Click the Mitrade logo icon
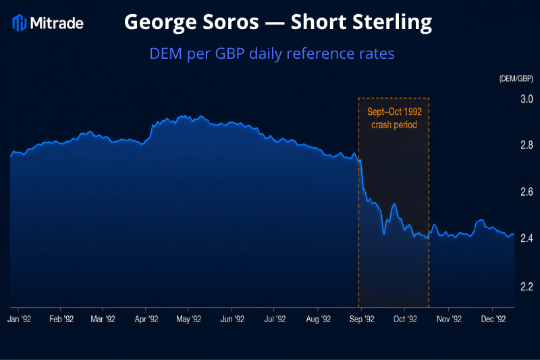coord(20,23)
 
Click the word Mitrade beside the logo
coord(57,24)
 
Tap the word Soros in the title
coord(230,22)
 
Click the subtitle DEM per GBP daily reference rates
coord(272,53)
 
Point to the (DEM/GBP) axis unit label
coord(516,78)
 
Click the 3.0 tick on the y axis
coord(526,99)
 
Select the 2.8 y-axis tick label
coord(526,145)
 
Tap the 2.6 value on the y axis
coord(526,192)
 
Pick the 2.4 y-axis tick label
coord(526,238)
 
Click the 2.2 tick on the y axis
coord(526,286)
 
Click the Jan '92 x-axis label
coord(19,319)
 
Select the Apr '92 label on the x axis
coord(146,319)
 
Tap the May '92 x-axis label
coord(188,319)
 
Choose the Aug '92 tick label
coord(318,319)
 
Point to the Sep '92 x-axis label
coord(362,319)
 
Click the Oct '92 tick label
coord(405,319)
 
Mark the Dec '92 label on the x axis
coord(493,319)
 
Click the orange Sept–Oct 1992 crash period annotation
coord(394,118)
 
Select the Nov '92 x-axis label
coord(449,319)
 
